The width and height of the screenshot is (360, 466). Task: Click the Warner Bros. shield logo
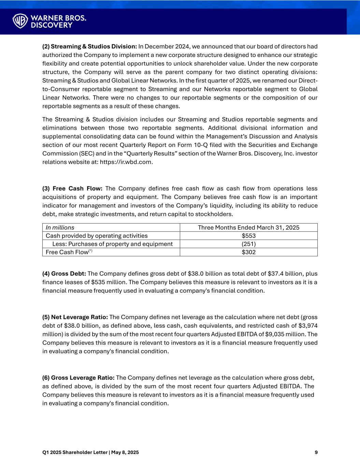coord(20,21)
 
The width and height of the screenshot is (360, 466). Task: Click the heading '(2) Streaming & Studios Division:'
coord(89,46)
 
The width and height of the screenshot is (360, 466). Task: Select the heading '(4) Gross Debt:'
coord(64,274)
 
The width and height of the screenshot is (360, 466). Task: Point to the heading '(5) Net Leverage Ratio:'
coord(75,317)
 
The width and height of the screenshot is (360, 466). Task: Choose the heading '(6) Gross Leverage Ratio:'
coord(78,378)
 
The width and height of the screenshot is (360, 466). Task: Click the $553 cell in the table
coord(248,236)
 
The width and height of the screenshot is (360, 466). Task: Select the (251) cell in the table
coord(248,244)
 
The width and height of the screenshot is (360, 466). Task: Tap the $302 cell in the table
coord(248,252)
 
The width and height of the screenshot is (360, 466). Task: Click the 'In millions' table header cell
coord(60,228)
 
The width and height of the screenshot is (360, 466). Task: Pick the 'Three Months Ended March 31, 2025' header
coord(248,228)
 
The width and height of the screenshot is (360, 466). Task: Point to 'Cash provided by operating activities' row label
coord(97,236)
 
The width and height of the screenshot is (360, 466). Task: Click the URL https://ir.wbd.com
coord(126,162)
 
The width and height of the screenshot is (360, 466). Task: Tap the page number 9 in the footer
coord(316,452)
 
